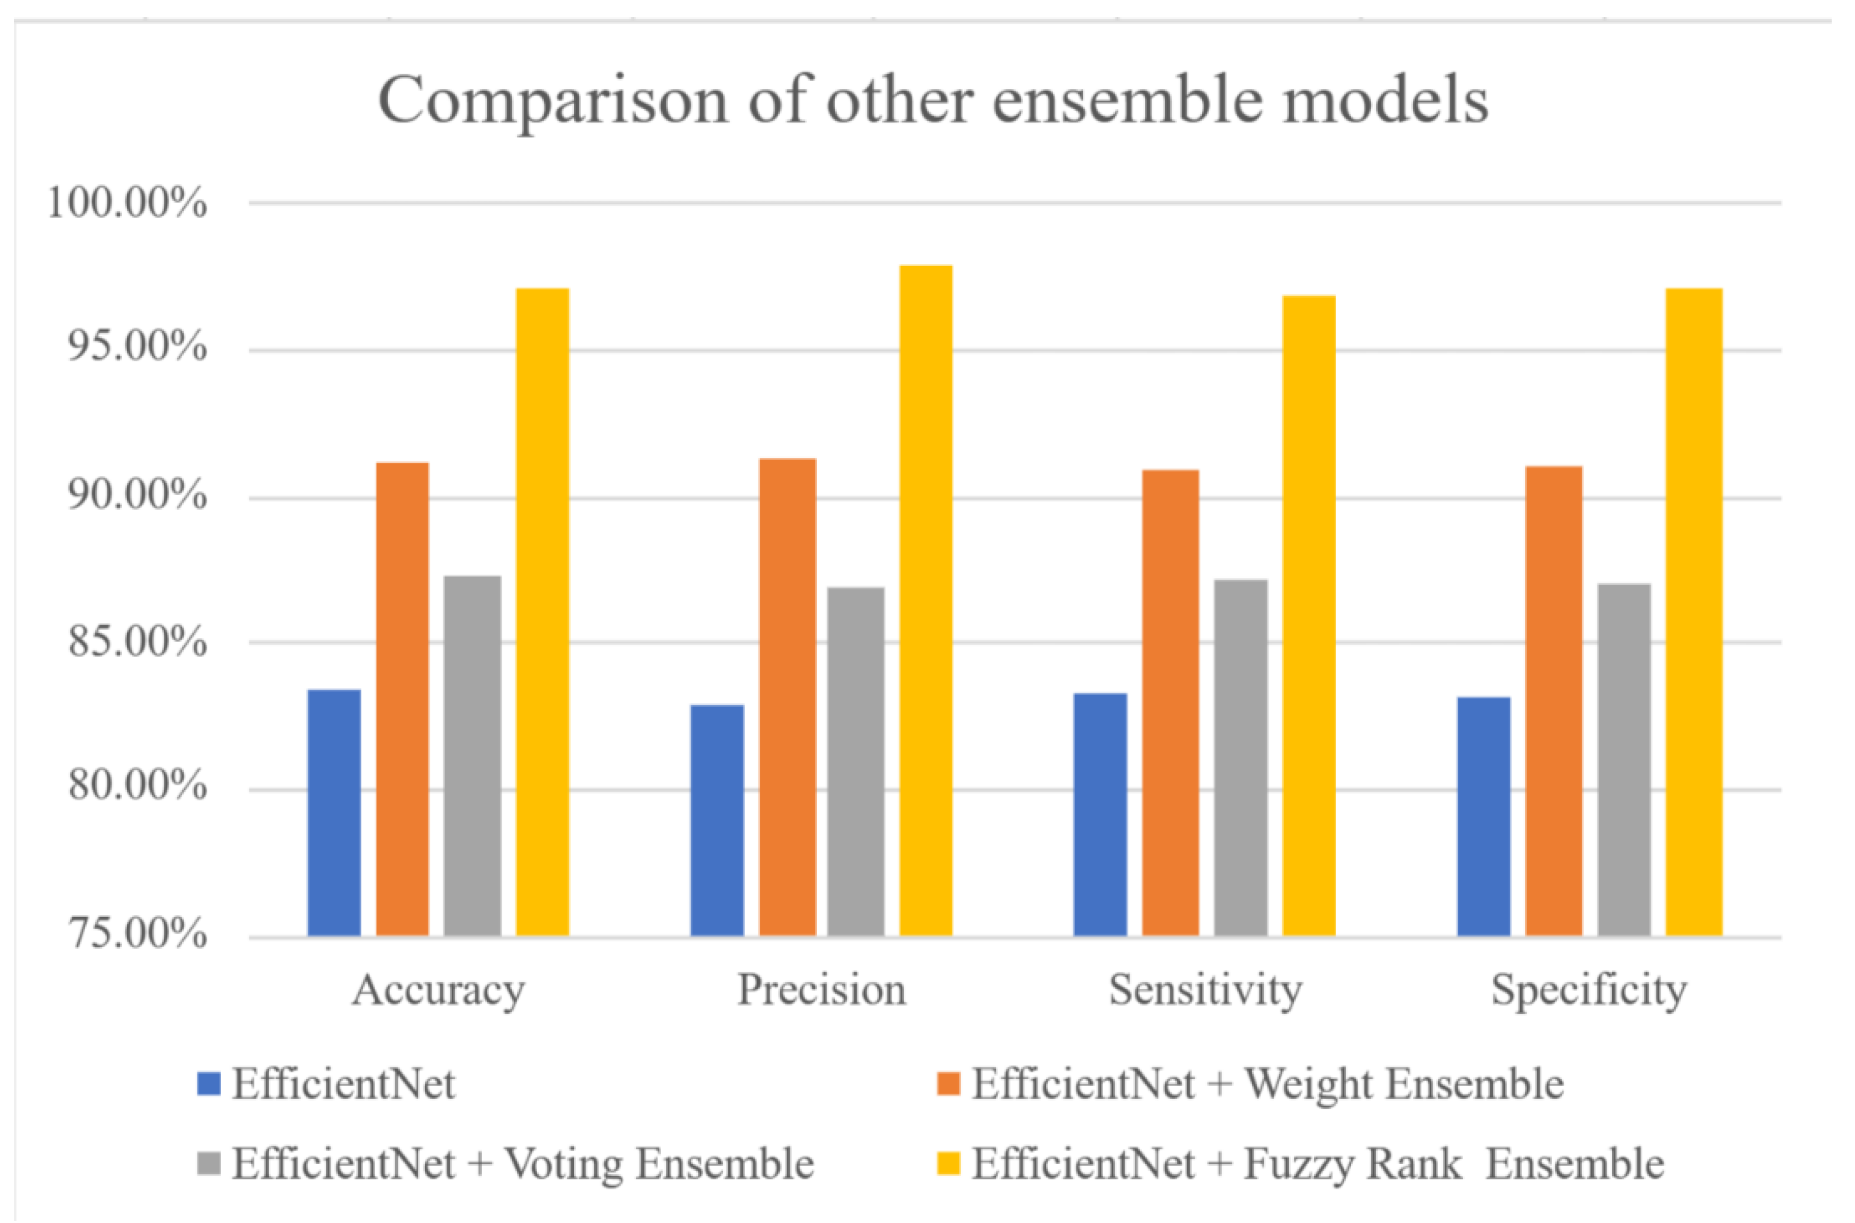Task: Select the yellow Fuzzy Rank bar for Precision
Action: pos(926,601)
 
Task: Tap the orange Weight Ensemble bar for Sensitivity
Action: pos(1170,702)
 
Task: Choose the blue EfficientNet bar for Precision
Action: pos(717,820)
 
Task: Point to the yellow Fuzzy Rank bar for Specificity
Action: pos(1694,612)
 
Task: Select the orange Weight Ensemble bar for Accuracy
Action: pos(402,699)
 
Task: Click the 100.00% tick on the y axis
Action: pos(127,204)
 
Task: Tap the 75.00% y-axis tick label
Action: pos(137,934)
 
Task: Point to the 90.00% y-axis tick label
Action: pos(137,495)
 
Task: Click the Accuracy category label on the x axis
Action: pos(438,991)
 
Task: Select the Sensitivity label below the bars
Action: pos(1205,991)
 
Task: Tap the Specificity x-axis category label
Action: pos(1589,991)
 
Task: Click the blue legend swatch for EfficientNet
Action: pos(209,1084)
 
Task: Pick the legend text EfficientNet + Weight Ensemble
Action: pos(1268,1084)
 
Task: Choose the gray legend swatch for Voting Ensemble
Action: pos(209,1163)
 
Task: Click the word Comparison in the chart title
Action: pos(553,101)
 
